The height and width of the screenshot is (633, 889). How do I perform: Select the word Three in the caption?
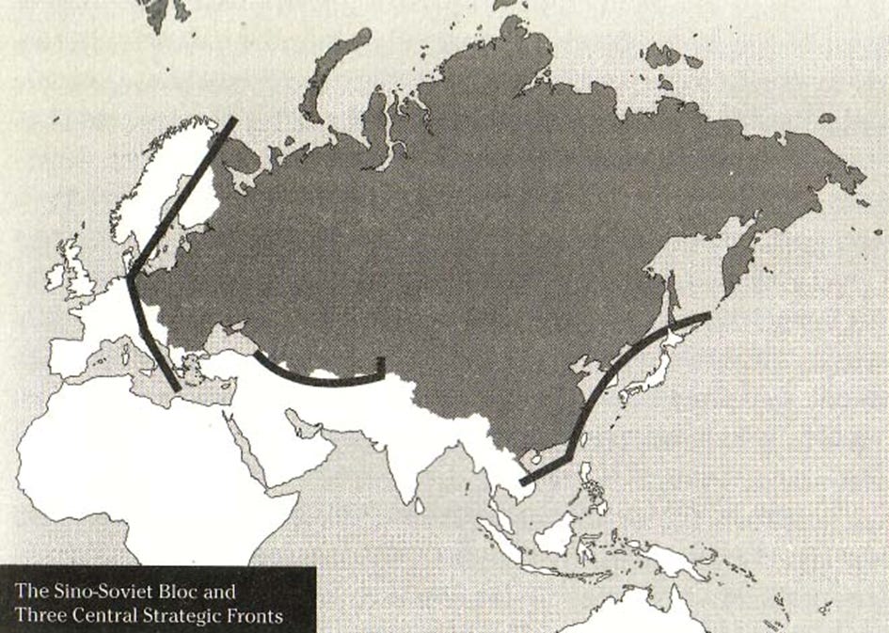pyautogui.click(x=37, y=615)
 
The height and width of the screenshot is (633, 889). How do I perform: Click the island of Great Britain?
pyautogui.click(x=80, y=273)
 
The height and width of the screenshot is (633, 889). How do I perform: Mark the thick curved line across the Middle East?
pyautogui.click(x=320, y=380)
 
